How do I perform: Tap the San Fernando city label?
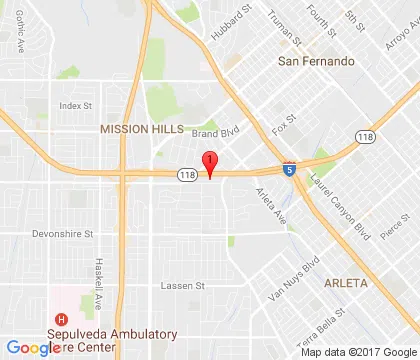pyautogui.click(x=315, y=62)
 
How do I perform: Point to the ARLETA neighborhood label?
pyautogui.click(x=346, y=283)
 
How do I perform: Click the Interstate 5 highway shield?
pyautogui.click(x=288, y=171)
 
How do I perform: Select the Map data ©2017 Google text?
pyautogui.click(x=355, y=352)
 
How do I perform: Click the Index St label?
pyautogui.click(x=75, y=105)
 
